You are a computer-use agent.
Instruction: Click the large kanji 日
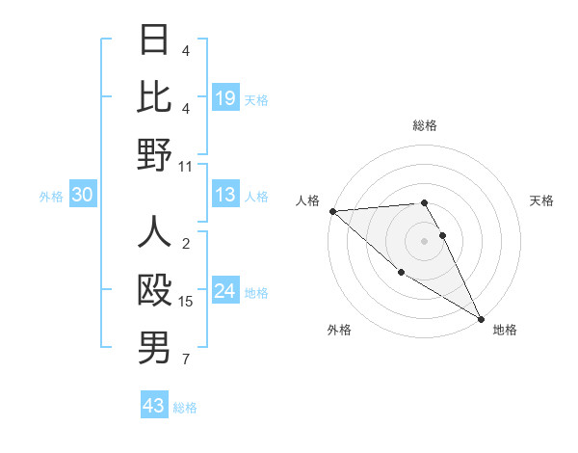point(154,40)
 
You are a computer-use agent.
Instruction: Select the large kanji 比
point(154,96)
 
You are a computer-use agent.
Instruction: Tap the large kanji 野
point(154,154)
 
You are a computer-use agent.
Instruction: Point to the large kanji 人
point(154,233)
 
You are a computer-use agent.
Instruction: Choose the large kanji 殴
point(154,290)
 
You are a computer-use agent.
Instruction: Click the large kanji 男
point(154,348)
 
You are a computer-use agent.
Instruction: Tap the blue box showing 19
point(224,97)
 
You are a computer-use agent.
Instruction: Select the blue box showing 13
point(224,195)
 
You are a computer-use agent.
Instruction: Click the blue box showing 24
point(224,291)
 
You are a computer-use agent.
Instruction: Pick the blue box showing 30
point(82,195)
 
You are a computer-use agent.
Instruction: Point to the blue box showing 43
point(153,406)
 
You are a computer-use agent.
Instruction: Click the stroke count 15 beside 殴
point(186,302)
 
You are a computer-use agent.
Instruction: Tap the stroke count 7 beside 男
point(186,360)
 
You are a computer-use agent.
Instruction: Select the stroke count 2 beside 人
point(186,244)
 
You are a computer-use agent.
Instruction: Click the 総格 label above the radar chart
point(425,125)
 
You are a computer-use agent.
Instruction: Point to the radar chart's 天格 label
point(542,200)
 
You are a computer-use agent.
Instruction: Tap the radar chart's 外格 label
point(339,330)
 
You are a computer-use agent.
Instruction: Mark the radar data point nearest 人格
point(332,211)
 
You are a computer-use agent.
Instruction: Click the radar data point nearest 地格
point(481,318)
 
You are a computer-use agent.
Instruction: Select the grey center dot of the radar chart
point(425,240)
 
